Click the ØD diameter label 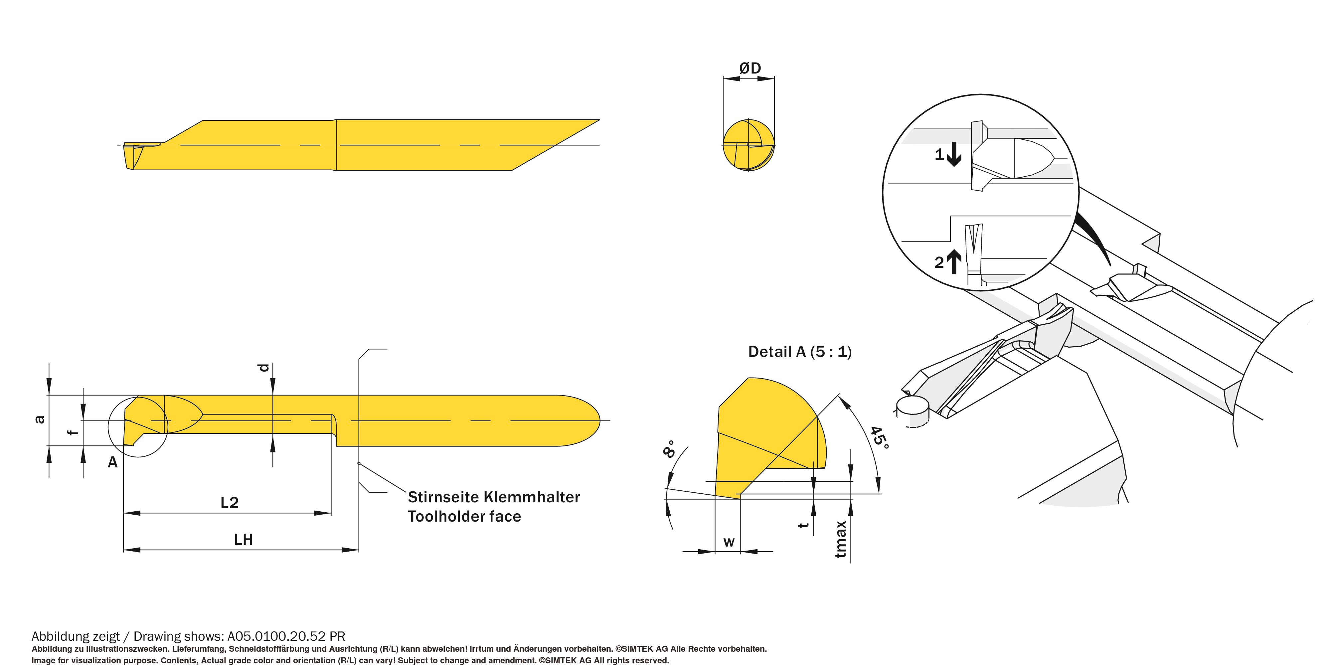tap(749, 68)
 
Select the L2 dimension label tap(230, 503)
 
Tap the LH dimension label tap(243, 540)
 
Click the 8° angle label tap(669, 449)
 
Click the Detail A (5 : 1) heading tap(800, 352)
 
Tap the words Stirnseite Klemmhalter tap(493, 497)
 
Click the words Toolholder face tap(464, 517)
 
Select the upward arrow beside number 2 tap(954, 261)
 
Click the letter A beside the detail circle tap(112, 462)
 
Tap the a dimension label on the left tap(40, 419)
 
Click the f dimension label tap(74, 432)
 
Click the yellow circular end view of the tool tap(748, 145)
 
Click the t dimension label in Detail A tap(803, 525)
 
